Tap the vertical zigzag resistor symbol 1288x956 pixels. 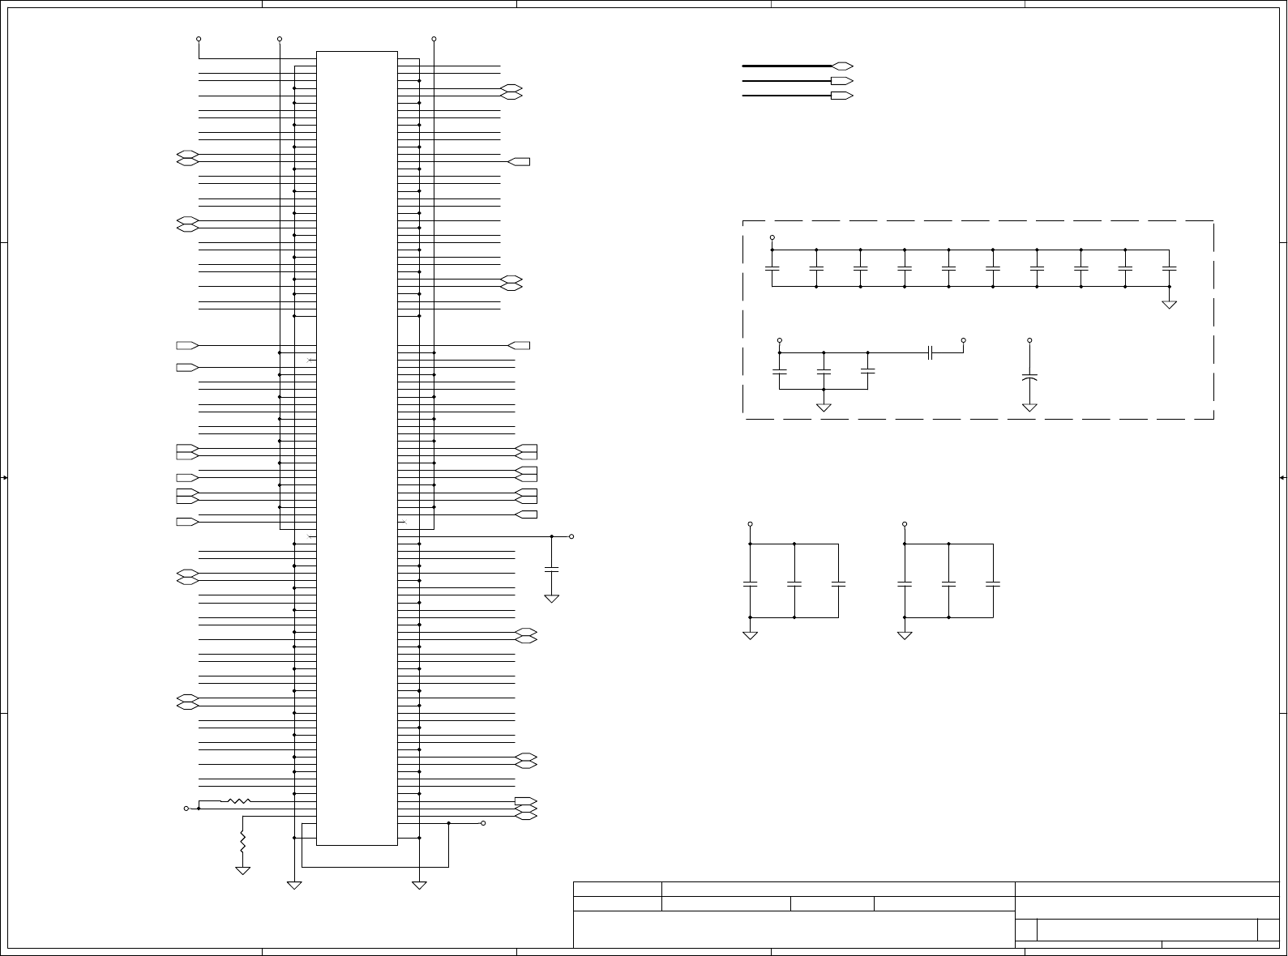pyautogui.click(x=242, y=841)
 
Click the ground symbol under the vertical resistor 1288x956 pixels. pyautogui.click(x=242, y=870)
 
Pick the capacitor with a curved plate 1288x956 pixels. pyautogui.click(x=1029, y=378)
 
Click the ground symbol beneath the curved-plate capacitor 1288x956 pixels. pyautogui.click(x=1029, y=407)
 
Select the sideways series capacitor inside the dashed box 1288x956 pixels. pyautogui.click(x=931, y=352)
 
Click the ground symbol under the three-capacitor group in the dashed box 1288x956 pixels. pyautogui.click(x=824, y=407)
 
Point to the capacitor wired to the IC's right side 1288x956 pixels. pyautogui.click(x=552, y=570)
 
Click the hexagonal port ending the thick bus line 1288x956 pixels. pyautogui.click(x=842, y=66)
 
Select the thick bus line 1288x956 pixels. pyautogui.click(x=786, y=66)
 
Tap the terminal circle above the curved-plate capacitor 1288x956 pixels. pyautogui.click(x=1029, y=340)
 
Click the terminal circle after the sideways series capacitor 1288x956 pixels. pyautogui.click(x=963, y=340)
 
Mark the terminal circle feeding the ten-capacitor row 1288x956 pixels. pyautogui.click(x=772, y=237)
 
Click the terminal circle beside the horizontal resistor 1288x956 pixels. pyautogui.click(x=186, y=809)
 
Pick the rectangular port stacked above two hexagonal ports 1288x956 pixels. pyautogui.click(x=525, y=801)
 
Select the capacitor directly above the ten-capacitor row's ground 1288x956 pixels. pyautogui.click(x=1169, y=267)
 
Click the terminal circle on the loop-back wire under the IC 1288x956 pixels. pyautogui.click(x=483, y=823)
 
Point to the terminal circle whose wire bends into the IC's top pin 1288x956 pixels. pyautogui.click(x=199, y=39)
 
